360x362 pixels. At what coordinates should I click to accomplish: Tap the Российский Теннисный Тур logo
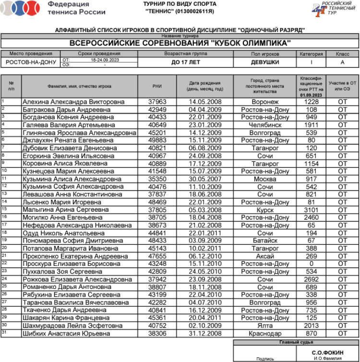coord(331,8)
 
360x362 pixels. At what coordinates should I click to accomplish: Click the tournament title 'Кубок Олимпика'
coord(180,43)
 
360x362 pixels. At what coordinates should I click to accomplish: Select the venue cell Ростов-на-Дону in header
coord(31,62)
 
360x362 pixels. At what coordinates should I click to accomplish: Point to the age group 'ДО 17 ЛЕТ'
coord(186,62)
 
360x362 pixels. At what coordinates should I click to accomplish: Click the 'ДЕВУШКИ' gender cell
coord(264,62)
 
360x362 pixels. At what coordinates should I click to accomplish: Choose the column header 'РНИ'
coord(157,86)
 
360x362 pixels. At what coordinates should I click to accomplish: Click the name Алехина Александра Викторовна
coord(73,102)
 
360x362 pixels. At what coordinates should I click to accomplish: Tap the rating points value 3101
coord(311,210)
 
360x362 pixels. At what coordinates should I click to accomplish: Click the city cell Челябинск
coord(265,125)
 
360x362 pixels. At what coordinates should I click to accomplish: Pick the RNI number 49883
coord(157,140)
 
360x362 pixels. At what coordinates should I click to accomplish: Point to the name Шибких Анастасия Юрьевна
coord(66,334)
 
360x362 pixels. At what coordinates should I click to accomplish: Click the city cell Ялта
coord(265,326)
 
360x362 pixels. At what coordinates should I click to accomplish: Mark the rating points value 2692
coord(311,279)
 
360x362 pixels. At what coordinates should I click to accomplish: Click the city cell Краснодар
coord(265,334)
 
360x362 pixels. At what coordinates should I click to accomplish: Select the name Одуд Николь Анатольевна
coord(63,233)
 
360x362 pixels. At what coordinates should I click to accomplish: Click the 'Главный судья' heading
coord(296,342)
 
